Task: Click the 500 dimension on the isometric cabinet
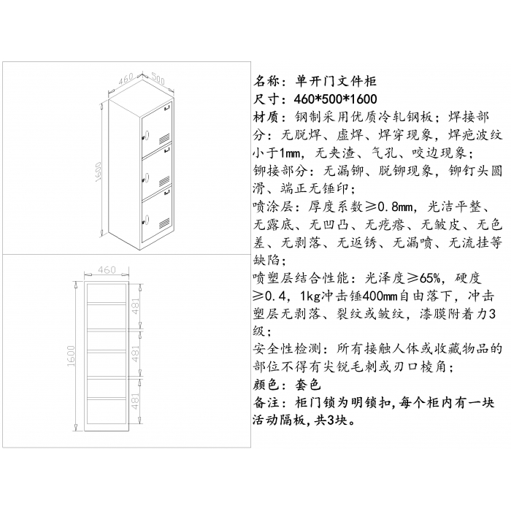(x=158, y=79)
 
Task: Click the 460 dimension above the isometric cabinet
(x=126, y=79)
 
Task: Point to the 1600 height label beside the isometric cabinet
(x=99, y=172)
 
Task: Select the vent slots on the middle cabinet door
(x=164, y=181)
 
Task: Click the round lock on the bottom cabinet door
(x=146, y=219)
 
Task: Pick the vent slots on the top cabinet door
(x=164, y=139)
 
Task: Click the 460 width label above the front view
(x=107, y=270)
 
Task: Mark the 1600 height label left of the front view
(x=71, y=356)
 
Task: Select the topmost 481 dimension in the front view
(x=136, y=307)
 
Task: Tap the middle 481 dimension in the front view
(x=136, y=353)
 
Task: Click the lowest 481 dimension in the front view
(x=136, y=401)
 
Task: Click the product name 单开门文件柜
(x=336, y=81)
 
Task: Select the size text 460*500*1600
(x=335, y=99)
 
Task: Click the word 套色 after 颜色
(x=308, y=385)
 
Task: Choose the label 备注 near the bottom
(x=266, y=403)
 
